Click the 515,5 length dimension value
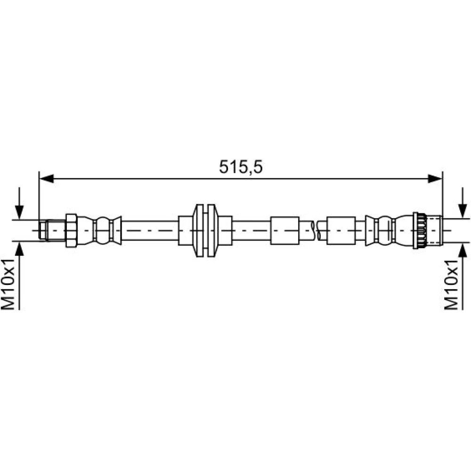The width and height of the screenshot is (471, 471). [x=241, y=167]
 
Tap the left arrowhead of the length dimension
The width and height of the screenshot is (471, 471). [x=47, y=179]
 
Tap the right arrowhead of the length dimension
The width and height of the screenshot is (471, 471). [x=435, y=179]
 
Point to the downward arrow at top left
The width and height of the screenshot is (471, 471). [x=19, y=203]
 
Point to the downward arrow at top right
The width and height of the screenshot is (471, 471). [x=463, y=203]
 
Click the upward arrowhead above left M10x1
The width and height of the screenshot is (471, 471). [x=19, y=249]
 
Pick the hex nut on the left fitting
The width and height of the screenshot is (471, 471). [x=72, y=230]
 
